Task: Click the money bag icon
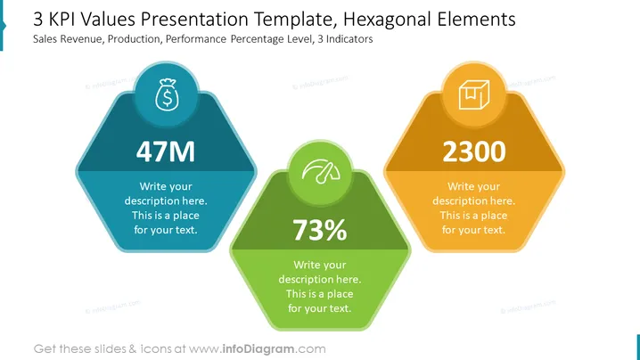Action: [x=167, y=95]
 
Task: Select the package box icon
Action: [x=474, y=94]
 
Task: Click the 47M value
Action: [x=166, y=151]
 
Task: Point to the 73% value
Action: [x=320, y=230]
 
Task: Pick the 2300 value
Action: [x=474, y=151]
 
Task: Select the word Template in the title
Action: [x=296, y=20]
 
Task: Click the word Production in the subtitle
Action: [x=135, y=39]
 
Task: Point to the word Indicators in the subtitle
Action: [x=349, y=39]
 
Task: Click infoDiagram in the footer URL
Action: [x=258, y=349]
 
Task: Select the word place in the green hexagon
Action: [x=340, y=294]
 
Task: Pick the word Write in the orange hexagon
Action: [x=459, y=186]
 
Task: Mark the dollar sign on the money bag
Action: [x=167, y=98]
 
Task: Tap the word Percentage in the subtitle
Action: [x=250, y=39]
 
